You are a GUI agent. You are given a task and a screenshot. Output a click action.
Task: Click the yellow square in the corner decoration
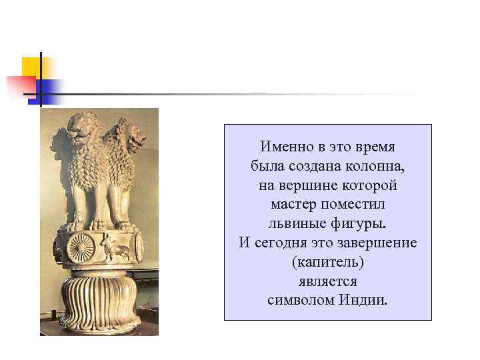(31, 67)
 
